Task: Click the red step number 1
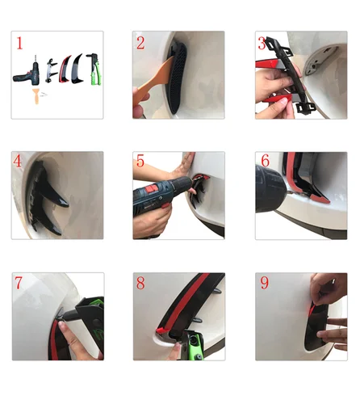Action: tap(19, 43)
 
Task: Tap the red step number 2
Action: tap(140, 43)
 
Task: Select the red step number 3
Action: tap(262, 43)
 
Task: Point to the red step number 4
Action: tap(17, 162)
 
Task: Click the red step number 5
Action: tap(140, 161)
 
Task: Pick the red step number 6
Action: tap(265, 161)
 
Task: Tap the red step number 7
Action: tap(19, 283)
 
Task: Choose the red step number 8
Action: tap(140, 283)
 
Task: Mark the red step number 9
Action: tap(265, 283)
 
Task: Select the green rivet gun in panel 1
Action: tap(94, 69)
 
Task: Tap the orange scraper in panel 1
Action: tap(36, 95)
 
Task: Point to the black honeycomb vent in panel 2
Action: tap(178, 77)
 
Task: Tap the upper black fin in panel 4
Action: tap(52, 188)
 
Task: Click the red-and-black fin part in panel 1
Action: tap(65, 69)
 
